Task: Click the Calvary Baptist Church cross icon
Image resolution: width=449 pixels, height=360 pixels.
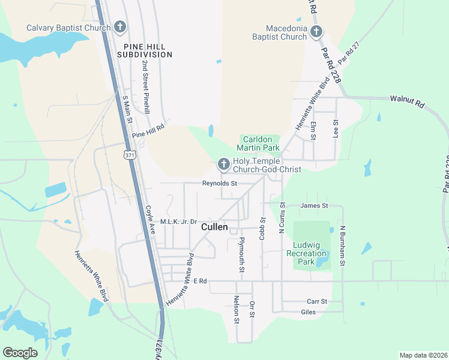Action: [120, 27]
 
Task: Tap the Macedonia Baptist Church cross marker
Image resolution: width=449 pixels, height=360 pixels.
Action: [316, 32]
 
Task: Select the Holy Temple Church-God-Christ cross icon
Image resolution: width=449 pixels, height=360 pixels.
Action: [223, 164]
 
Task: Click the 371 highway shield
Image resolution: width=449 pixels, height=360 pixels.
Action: [129, 155]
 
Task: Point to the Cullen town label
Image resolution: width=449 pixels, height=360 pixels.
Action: [214, 227]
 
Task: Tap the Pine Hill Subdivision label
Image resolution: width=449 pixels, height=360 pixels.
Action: [148, 50]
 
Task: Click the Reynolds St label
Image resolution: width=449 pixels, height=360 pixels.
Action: [220, 184]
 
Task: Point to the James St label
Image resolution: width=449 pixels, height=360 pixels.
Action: [314, 206]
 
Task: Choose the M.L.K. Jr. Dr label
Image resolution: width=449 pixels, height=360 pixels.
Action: [178, 221]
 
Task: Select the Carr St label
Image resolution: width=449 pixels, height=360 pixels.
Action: [316, 301]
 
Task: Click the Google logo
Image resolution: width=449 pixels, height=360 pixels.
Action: [20, 353]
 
